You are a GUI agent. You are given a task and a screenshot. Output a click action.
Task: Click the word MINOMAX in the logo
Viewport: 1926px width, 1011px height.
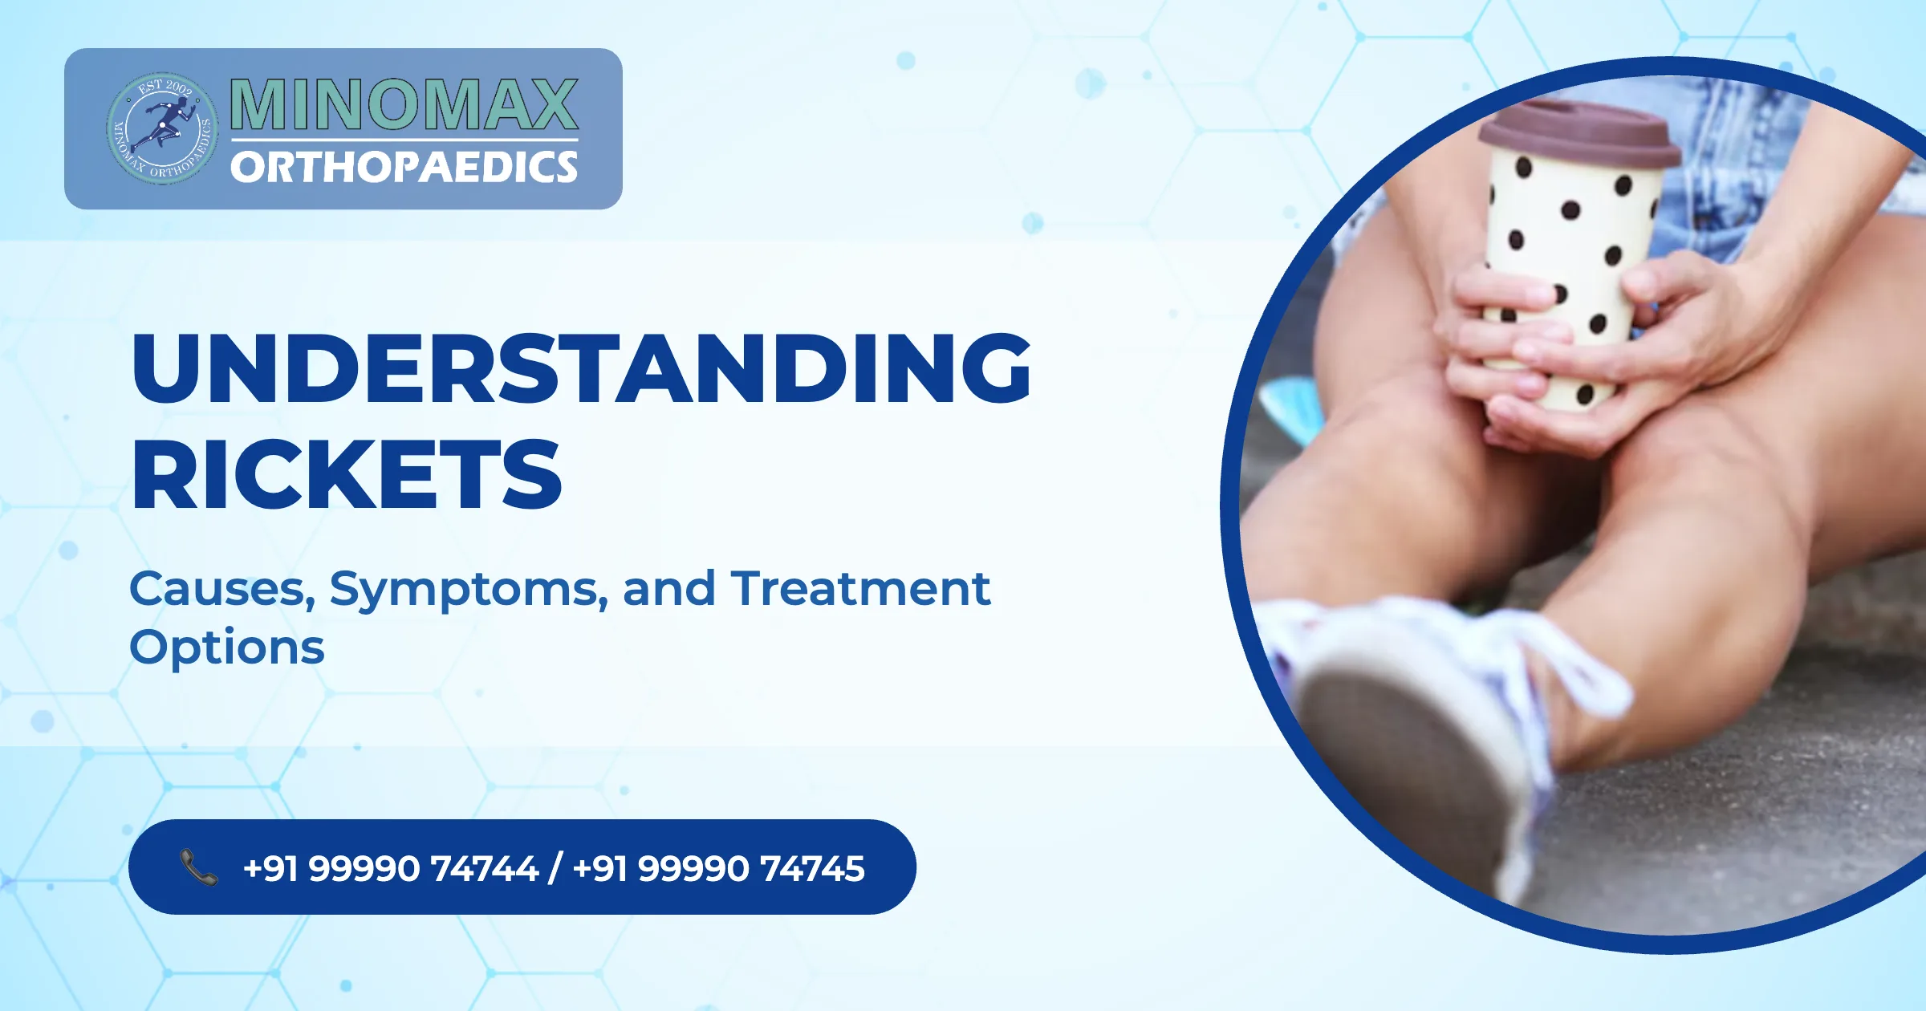coord(404,104)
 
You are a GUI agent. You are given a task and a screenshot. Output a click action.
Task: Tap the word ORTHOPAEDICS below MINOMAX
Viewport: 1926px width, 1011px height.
coord(404,167)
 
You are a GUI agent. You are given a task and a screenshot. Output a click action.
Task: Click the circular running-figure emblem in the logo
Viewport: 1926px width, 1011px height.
coord(163,128)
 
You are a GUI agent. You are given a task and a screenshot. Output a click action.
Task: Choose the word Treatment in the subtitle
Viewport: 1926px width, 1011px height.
coord(860,589)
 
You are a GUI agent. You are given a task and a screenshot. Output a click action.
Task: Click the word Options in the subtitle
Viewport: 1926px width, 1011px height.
coord(227,648)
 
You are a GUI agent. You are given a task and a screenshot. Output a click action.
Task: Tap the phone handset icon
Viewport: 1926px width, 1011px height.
coord(198,867)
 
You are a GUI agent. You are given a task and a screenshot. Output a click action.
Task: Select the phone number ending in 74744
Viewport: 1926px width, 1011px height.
coord(390,868)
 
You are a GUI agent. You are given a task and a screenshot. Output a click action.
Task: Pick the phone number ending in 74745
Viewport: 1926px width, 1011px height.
coord(719,868)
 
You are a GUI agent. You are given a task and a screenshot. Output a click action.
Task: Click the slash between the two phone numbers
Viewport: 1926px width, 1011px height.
coord(555,868)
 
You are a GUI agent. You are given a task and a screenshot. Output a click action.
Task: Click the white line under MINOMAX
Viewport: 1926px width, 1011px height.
coord(404,140)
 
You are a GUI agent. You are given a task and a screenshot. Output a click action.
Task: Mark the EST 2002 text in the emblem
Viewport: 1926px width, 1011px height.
coord(165,86)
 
